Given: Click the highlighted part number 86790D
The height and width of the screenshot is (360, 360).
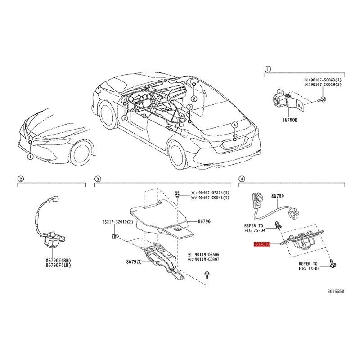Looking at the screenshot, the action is (261, 244).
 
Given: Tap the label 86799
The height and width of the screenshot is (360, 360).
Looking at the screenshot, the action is (278, 196).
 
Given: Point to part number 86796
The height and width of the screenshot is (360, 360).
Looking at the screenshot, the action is (204, 221).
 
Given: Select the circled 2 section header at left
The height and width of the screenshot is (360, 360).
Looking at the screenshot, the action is (20, 179).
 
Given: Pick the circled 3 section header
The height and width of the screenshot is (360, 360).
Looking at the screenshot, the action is (97, 179).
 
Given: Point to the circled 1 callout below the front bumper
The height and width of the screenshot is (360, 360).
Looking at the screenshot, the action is (30, 157).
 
